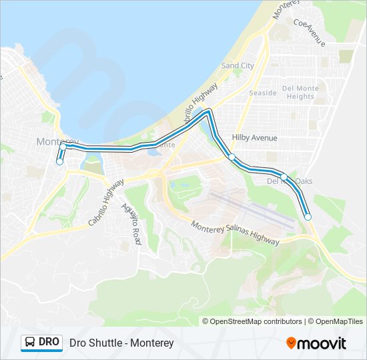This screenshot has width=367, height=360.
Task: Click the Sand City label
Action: [x=238, y=66]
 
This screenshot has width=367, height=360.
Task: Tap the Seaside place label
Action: [x=262, y=93]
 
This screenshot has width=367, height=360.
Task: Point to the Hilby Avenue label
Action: [x=254, y=137]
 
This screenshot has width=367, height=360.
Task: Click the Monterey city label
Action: [x=57, y=141]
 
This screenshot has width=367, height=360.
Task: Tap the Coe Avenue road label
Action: [x=309, y=31]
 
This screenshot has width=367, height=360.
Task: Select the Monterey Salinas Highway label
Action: [x=235, y=233]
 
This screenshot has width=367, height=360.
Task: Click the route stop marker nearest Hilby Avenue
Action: [x=232, y=157]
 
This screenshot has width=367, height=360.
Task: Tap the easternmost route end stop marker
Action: [x=308, y=216]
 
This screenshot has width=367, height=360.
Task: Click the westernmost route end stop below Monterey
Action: [x=59, y=161]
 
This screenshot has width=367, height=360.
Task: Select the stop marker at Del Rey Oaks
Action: [x=284, y=177]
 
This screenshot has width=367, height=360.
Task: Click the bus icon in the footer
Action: [x=31, y=343]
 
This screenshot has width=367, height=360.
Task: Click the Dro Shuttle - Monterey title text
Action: [x=121, y=343]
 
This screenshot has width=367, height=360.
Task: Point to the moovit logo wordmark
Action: [x=323, y=343]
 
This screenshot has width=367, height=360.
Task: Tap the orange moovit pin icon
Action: [x=292, y=343]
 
